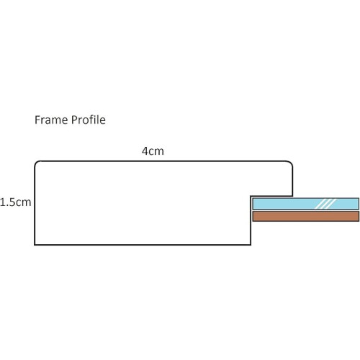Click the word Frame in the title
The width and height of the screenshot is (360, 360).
pos(52,120)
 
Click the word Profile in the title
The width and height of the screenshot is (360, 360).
pos(89,120)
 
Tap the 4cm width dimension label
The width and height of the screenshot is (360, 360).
pos(153,151)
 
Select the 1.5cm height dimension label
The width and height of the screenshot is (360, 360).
pos(16,202)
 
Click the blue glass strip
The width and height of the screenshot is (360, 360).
pos(306,204)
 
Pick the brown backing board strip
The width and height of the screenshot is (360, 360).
pos(306,216)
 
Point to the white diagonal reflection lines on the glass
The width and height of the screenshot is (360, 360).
pos(325,204)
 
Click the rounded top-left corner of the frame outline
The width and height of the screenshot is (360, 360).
pos(37,163)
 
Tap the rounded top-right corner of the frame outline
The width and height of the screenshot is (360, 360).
pos(290,163)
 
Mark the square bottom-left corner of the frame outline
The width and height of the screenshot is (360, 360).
pos(35,245)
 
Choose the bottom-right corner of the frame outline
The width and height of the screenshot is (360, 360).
pos(251,245)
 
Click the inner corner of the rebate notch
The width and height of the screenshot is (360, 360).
pos(251,197)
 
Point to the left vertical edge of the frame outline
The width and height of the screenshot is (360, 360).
pos(35,204)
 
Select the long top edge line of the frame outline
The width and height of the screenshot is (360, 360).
pos(163,161)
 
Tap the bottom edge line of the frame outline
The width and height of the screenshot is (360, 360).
pos(143,245)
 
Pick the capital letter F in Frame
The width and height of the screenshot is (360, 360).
pos(37,120)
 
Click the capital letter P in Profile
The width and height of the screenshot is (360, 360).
pos(74,120)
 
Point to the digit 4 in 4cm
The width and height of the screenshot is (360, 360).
pos(145,151)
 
